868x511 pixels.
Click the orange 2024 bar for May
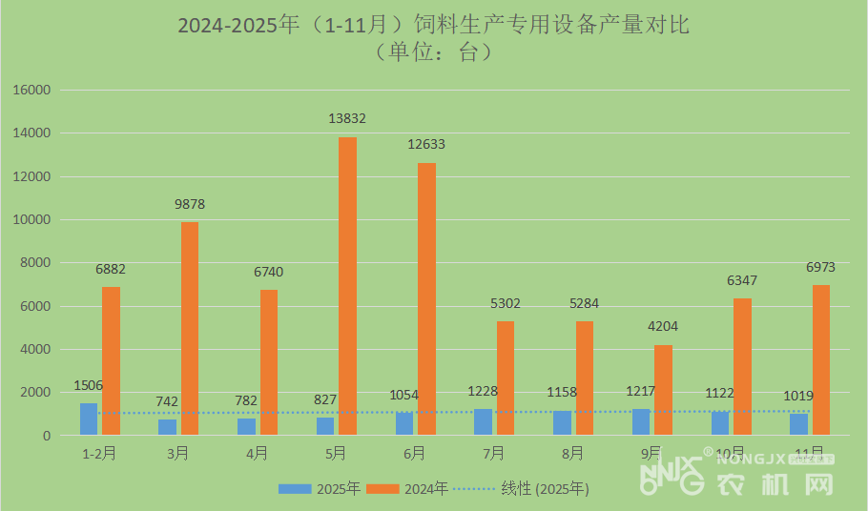tap(347, 286)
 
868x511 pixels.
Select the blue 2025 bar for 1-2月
tap(88, 419)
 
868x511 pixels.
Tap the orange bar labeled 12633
tap(426, 299)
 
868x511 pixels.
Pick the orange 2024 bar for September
tap(663, 390)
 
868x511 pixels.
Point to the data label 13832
tap(347, 119)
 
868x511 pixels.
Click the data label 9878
tap(190, 204)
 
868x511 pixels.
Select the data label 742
tap(167, 401)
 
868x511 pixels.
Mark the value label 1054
tap(403, 395)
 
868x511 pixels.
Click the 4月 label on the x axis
tap(257, 455)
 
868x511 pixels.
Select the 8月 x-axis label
tap(572, 455)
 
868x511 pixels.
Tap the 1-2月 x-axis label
tap(99, 455)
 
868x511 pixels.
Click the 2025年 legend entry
tap(320, 489)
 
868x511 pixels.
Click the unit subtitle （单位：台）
tap(433, 51)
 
